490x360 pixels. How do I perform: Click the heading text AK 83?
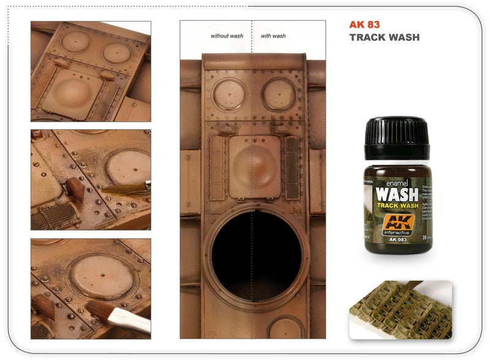[364, 25]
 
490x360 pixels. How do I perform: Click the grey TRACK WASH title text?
[384, 37]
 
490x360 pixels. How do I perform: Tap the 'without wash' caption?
[227, 36]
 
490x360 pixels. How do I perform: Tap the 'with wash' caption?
[273, 36]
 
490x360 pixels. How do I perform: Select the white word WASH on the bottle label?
[397, 195]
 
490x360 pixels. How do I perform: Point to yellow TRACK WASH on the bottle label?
[396, 207]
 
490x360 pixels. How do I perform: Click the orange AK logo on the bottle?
[397, 224]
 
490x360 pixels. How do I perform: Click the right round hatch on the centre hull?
[279, 94]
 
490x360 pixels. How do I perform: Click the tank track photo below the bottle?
[401, 310]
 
